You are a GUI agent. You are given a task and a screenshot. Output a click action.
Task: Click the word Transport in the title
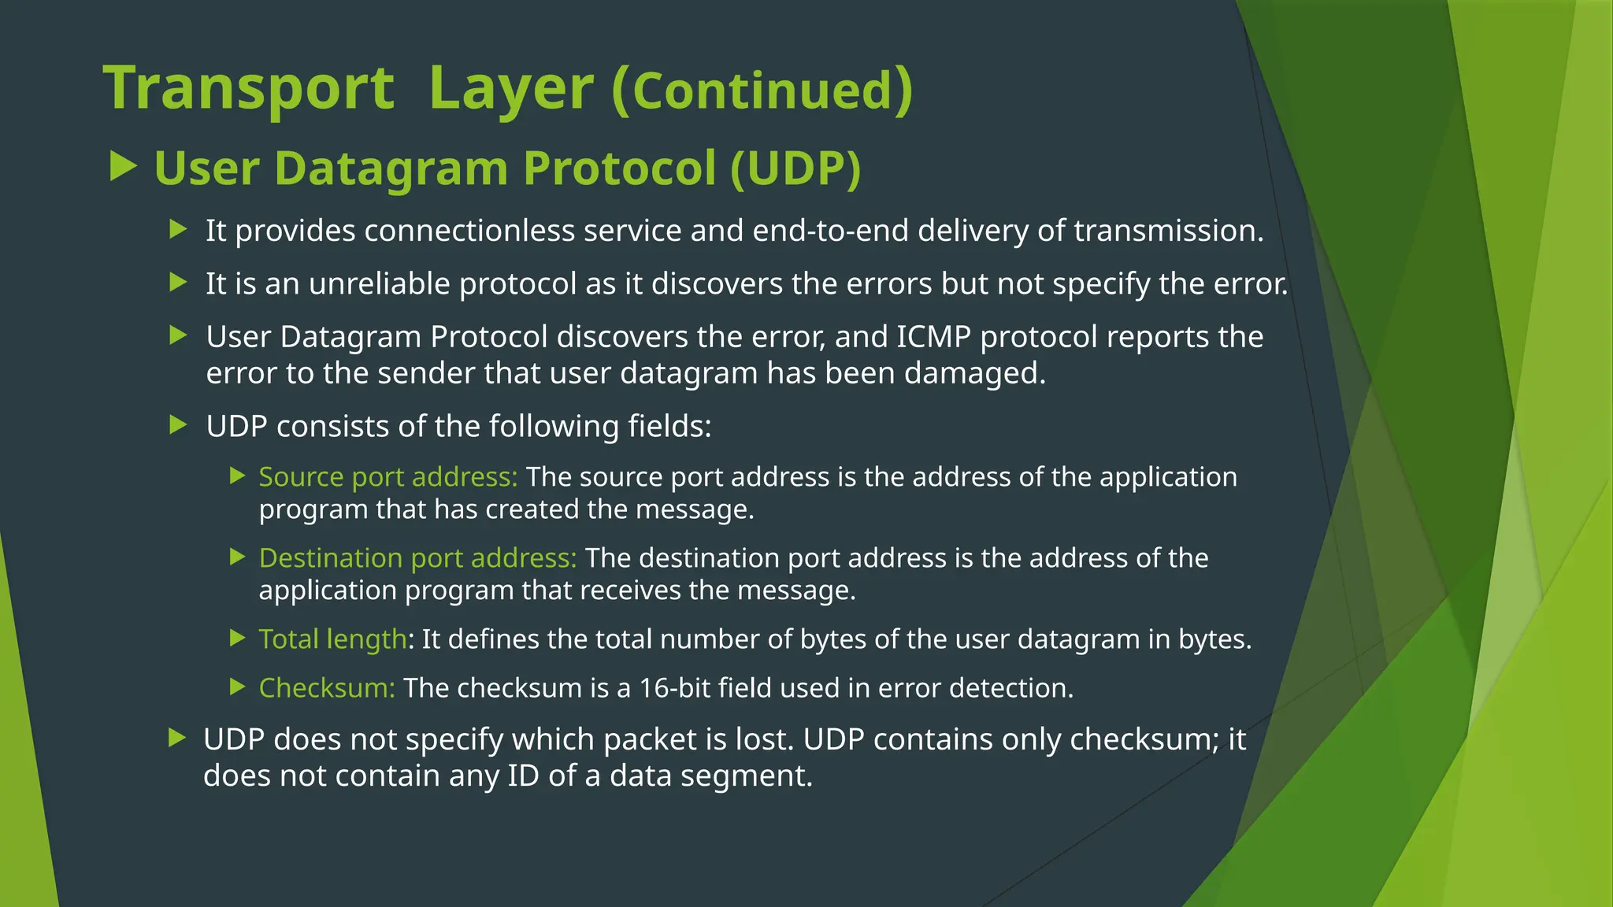point(248,88)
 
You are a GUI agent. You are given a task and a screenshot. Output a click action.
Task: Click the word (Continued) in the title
point(762,90)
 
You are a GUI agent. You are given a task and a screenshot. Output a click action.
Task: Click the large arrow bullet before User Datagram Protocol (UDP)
point(123,166)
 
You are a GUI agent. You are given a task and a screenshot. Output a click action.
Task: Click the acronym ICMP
point(933,337)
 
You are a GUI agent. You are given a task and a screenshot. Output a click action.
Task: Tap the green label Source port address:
point(387,477)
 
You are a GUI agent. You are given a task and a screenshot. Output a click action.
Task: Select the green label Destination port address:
point(417,558)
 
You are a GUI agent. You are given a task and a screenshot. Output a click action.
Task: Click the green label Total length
point(332,639)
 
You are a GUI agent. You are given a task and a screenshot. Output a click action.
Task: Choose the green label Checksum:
point(327,688)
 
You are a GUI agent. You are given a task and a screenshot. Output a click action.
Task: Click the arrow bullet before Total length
point(238,638)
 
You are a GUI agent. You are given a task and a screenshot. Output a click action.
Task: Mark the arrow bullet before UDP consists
point(179,425)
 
